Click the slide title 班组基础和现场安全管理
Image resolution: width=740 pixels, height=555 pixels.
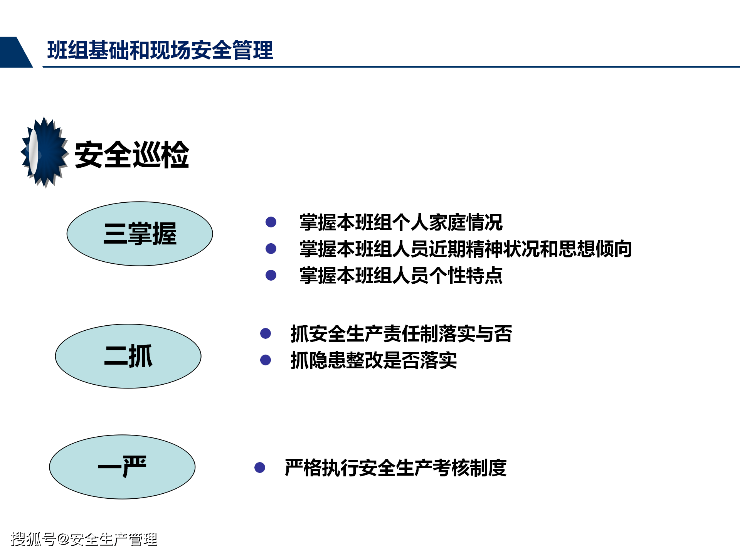point(160,50)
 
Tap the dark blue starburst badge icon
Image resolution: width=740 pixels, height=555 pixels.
point(45,153)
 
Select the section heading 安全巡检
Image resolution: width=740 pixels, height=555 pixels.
point(131,155)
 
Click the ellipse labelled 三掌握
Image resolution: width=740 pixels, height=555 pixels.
point(140,234)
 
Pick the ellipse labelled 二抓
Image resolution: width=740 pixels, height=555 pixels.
point(128,356)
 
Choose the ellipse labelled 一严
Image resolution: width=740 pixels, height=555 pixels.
point(122,467)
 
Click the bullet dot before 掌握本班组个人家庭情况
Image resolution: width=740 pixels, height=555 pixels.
point(271,222)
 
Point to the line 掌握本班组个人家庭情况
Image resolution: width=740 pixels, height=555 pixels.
point(401,222)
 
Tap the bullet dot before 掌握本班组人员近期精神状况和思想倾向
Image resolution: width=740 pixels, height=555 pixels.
point(271,249)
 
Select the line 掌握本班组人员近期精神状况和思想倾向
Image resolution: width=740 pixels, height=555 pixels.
point(466,249)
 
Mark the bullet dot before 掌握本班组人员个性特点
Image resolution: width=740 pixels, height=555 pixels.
point(271,275)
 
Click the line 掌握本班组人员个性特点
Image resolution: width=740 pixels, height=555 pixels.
point(401,276)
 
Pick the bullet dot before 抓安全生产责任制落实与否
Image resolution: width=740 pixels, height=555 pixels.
point(266,333)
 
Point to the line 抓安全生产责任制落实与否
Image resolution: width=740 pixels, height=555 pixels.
point(401,334)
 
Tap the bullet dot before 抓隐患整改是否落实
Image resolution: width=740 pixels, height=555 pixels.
point(266,360)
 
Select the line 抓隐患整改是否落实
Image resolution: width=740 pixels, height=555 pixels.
point(373,360)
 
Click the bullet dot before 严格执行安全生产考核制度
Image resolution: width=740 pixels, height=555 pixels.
point(260,468)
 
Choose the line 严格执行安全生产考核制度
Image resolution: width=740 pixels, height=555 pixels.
point(395,468)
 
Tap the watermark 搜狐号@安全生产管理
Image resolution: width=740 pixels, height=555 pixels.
point(84,539)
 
